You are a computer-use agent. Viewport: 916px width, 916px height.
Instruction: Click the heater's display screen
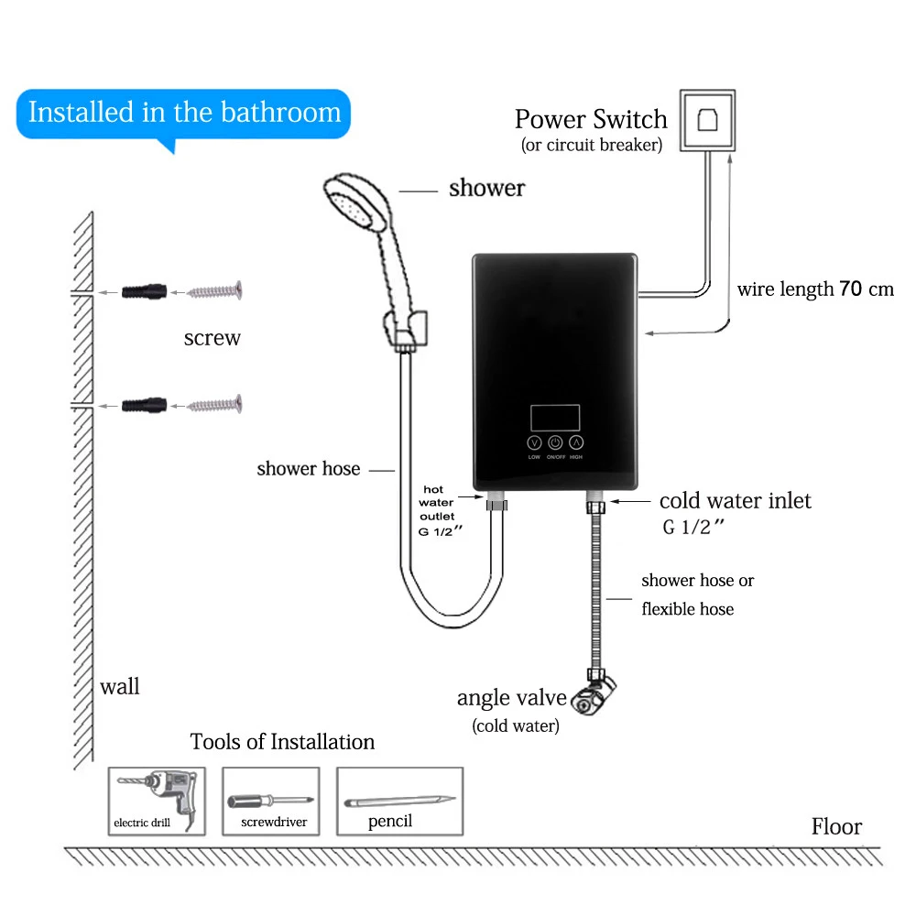554,418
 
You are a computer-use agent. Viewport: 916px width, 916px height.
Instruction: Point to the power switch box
706,119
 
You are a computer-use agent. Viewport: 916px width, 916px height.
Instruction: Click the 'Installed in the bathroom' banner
184,113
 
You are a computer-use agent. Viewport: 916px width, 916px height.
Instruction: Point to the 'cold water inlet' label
735,501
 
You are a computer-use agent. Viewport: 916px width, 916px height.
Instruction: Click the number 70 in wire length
851,289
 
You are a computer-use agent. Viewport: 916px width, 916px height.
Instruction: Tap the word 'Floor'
836,827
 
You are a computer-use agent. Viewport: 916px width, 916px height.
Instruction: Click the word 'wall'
120,687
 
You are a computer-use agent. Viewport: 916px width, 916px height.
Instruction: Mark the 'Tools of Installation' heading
282,742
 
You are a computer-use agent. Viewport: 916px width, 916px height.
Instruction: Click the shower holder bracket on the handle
406,325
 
